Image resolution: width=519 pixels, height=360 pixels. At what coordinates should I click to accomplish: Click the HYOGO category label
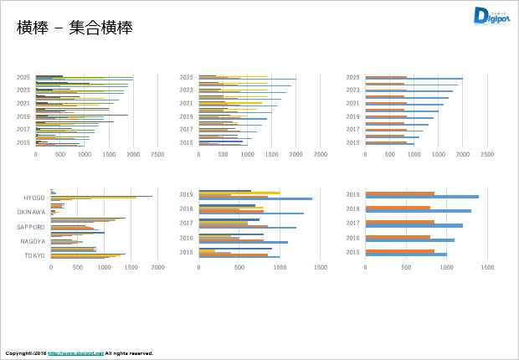point(34,198)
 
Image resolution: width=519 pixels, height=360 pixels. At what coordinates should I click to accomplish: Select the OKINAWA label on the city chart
point(33,212)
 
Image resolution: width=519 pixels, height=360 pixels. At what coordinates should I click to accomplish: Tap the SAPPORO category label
point(33,226)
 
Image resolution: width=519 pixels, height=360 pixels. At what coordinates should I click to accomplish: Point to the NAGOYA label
point(34,240)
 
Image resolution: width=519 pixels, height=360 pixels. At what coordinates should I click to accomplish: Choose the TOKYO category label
point(35,255)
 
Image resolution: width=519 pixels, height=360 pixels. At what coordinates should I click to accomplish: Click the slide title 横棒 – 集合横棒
point(75,28)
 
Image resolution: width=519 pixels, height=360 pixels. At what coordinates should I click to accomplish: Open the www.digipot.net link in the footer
point(76,353)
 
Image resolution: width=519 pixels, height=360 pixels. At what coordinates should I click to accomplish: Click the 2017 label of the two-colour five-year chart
point(352,224)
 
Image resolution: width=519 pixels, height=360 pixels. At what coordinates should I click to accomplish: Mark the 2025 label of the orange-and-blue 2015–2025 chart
point(352,78)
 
